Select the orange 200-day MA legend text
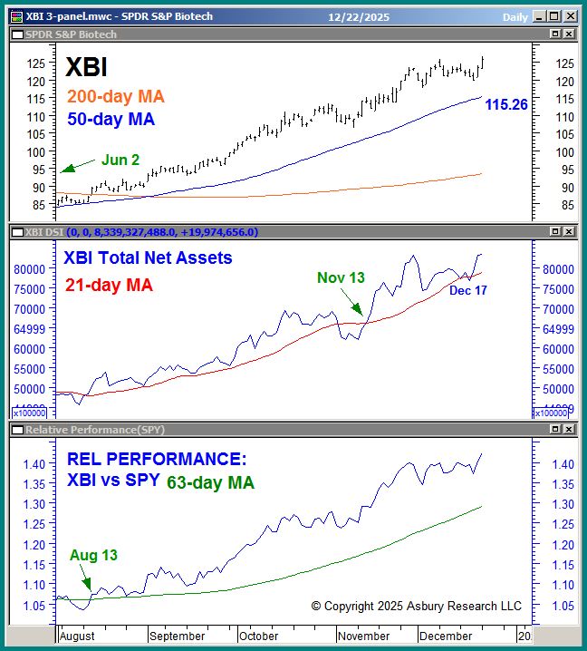(x=116, y=97)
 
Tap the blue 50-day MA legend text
(x=111, y=119)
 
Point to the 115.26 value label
(x=506, y=105)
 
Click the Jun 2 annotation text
(x=120, y=160)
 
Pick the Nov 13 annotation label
(x=341, y=277)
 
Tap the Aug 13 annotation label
(x=93, y=555)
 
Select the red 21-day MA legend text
(x=109, y=285)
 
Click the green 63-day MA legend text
(x=210, y=482)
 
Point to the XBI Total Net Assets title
(x=148, y=258)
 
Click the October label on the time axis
(x=259, y=636)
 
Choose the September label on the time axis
(x=178, y=636)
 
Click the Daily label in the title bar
(x=515, y=15)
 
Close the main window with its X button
(x=573, y=15)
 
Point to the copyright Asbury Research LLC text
(x=416, y=606)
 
